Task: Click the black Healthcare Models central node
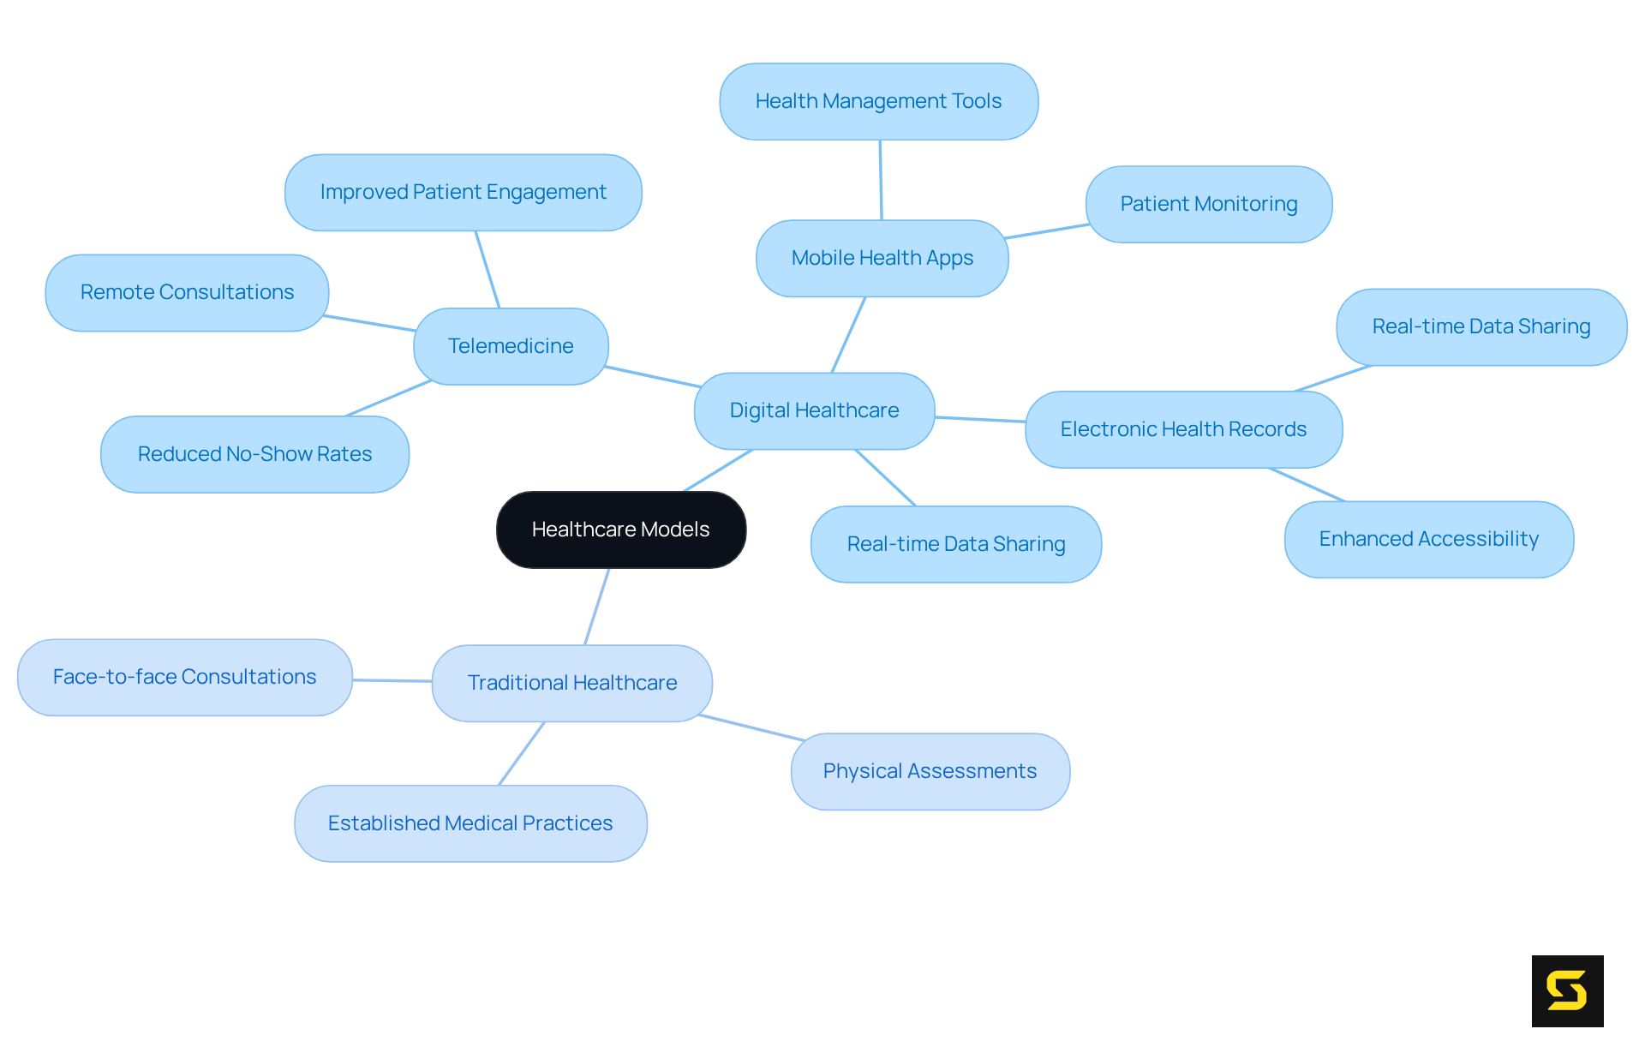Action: (x=621, y=529)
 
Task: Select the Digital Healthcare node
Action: (x=814, y=410)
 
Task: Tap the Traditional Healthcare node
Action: (x=571, y=683)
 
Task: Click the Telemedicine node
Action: (x=511, y=346)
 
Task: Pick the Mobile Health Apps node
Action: (x=882, y=258)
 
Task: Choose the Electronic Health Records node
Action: (x=1183, y=429)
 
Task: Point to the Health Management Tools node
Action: (x=878, y=101)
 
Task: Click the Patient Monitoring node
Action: (x=1208, y=204)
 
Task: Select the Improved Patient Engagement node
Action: (x=463, y=192)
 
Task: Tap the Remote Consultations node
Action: (x=187, y=292)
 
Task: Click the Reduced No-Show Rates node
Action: (x=254, y=454)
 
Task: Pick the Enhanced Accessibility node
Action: (x=1428, y=539)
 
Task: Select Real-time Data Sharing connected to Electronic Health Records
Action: (x=1480, y=326)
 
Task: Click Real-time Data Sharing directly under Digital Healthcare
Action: (x=955, y=544)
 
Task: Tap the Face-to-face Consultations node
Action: (x=184, y=677)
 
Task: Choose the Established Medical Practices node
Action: (x=470, y=823)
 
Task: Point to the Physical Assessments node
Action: (x=930, y=771)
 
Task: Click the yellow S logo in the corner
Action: (x=1567, y=990)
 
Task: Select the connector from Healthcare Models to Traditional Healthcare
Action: (x=597, y=606)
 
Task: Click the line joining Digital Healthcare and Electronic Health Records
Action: (x=980, y=420)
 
